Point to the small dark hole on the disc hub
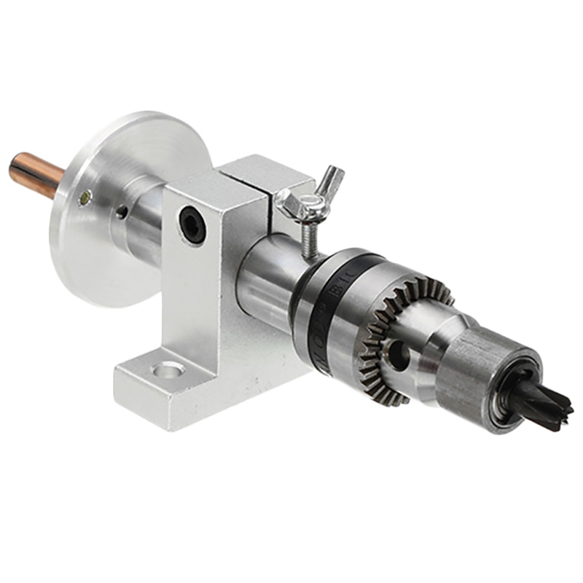(122, 212)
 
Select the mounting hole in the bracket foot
(168, 370)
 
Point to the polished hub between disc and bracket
(142, 219)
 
